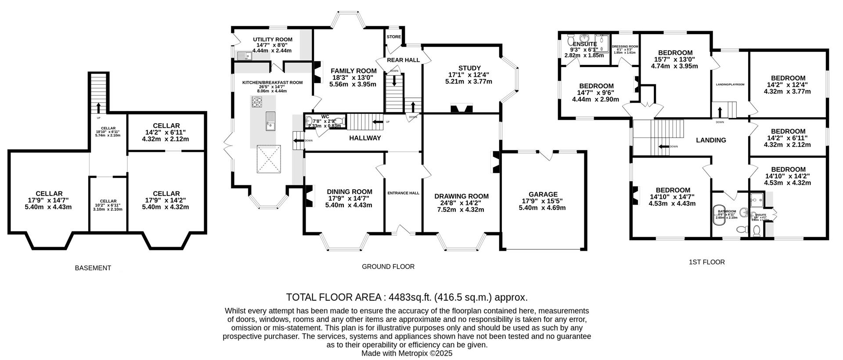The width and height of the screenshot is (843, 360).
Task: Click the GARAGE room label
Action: coord(543,194)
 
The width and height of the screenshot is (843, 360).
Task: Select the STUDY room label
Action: coord(469,68)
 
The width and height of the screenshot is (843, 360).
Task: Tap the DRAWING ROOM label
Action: coord(461,196)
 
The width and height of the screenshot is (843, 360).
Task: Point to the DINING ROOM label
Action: coord(349,191)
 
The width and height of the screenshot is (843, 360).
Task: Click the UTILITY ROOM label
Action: coord(272,40)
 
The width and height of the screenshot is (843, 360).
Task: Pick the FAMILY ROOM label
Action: coord(353,71)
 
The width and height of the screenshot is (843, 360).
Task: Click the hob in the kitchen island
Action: coord(257,102)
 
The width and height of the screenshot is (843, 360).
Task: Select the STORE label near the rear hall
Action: coord(394,37)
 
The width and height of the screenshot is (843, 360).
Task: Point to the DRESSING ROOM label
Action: coord(625,47)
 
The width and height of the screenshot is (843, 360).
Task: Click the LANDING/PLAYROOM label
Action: coord(730,84)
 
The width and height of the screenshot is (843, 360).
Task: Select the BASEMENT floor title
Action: coord(93,268)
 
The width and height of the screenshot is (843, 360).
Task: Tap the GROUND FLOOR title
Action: coord(388,266)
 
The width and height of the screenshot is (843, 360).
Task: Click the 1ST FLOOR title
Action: coord(706,262)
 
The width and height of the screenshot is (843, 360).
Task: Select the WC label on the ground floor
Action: coord(325,117)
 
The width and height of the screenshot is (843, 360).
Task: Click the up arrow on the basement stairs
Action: coord(98,107)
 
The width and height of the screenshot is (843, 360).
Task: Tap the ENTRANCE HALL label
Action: coord(403,193)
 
